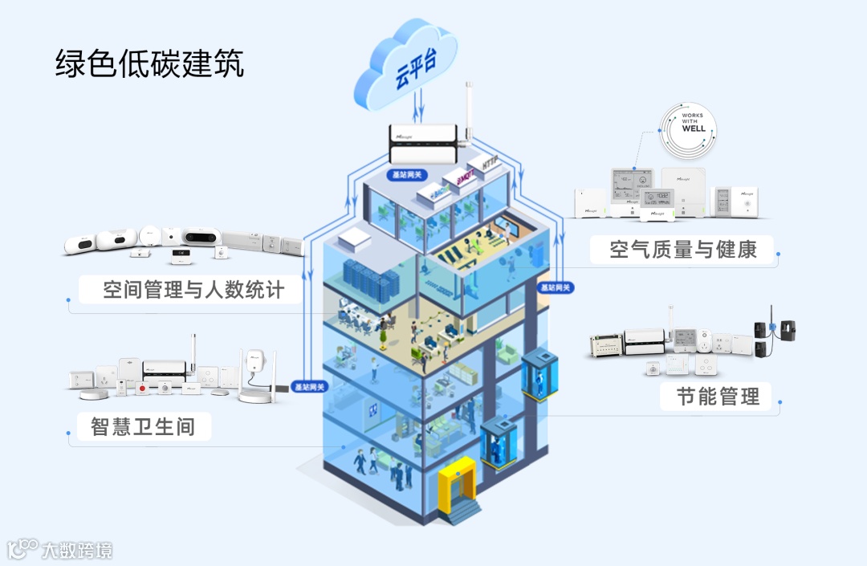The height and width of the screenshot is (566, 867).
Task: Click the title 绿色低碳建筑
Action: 149,63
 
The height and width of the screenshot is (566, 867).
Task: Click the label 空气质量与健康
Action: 683,249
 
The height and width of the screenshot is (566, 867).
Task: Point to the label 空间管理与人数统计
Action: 193,290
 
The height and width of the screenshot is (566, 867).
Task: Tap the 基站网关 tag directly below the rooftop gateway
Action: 406,174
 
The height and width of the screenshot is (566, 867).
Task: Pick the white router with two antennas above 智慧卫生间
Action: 256,373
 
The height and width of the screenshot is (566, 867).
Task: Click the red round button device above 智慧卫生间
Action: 143,389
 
